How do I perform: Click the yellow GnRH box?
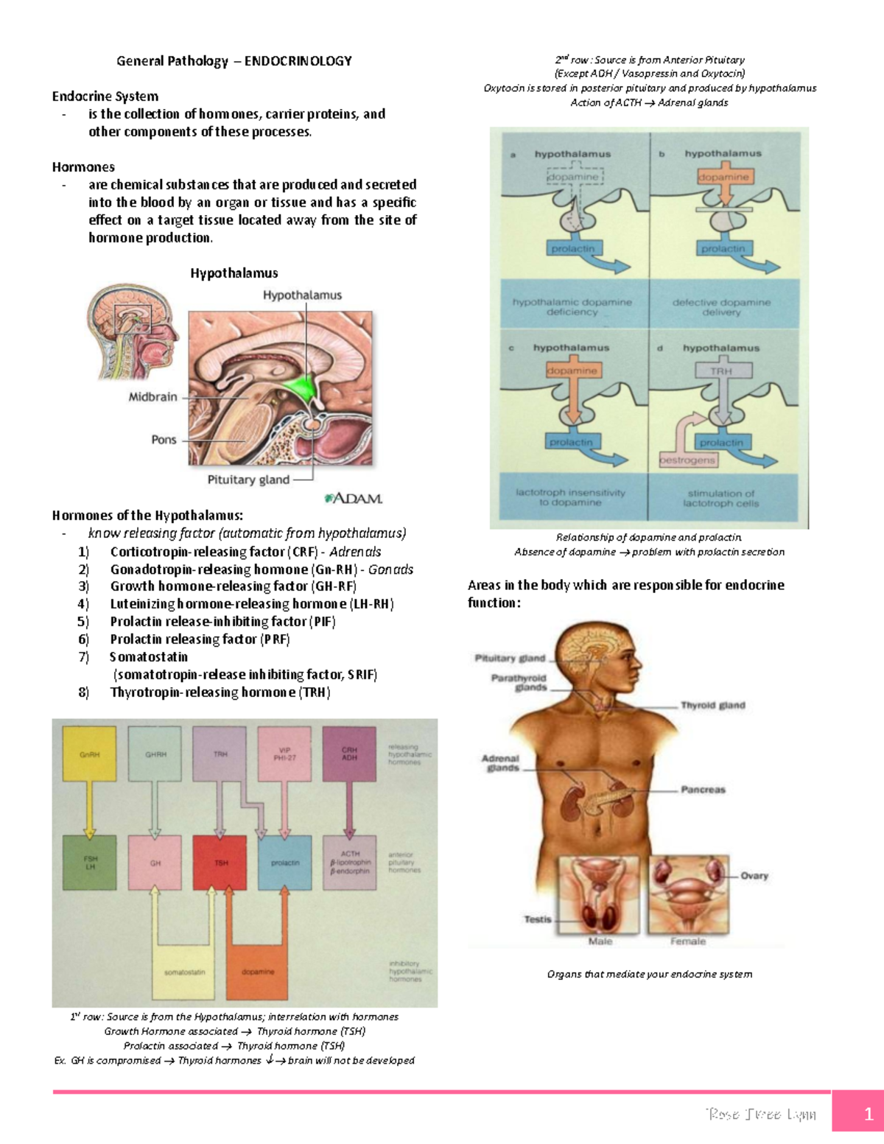coord(89,754)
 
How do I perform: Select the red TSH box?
coord(220,863)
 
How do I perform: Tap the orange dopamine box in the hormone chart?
coord(257,972)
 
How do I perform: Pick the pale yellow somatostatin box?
coord(184,972)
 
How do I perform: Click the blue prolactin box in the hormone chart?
coord(285,863)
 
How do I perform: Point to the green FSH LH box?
coord(89,863)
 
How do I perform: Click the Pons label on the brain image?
coord(164,440)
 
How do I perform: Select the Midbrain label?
coord(152,397)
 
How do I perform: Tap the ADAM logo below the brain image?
coord(354,499)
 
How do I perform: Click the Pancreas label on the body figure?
coord(703,790)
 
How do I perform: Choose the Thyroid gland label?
coord(712,705)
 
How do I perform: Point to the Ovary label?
coord(754,876)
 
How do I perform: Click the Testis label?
coord(537,919)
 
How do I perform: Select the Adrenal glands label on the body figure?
coord(500,763)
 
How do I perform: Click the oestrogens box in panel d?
coord(687,460)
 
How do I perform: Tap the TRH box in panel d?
coord(721,371)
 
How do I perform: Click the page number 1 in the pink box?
coord(868,1113)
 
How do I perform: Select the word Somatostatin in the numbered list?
coord(149,657)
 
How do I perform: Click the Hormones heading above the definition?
coord(83,167)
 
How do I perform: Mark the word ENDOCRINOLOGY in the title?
coord(298,61)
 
